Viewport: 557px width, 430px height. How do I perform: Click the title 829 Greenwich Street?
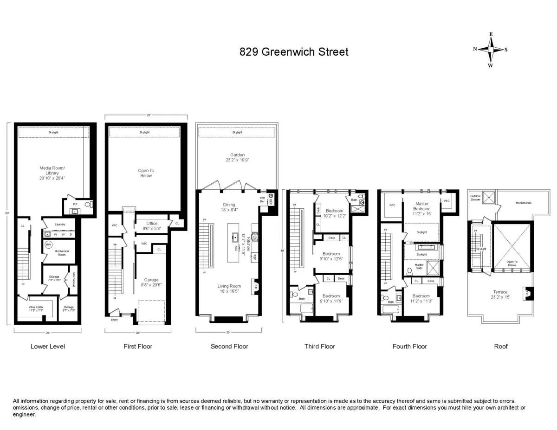click(x=294, y=51)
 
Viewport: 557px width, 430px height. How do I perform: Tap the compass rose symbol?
click(x=490, y=50)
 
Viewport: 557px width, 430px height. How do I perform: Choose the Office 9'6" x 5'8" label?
click(x=152, y=225)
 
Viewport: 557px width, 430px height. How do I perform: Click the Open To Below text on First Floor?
click(x=146, y=173)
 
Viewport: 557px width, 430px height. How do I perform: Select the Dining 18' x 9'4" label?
click(x=229, y=207)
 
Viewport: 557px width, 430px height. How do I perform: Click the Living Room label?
click(x=229, y=289)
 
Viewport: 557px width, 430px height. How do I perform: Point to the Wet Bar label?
click(x=262, y=199)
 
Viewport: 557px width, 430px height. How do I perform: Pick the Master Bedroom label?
click(x=422, y=206)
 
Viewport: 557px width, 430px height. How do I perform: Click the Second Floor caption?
click(x=229, y=347)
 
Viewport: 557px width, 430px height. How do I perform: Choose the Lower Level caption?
click(x=48, y=347)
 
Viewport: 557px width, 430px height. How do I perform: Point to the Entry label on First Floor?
click(x=114, y=320)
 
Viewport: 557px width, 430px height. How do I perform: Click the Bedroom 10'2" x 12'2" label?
click(x=334, y=213)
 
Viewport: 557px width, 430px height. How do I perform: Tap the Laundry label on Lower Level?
click(x=59, y=225)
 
